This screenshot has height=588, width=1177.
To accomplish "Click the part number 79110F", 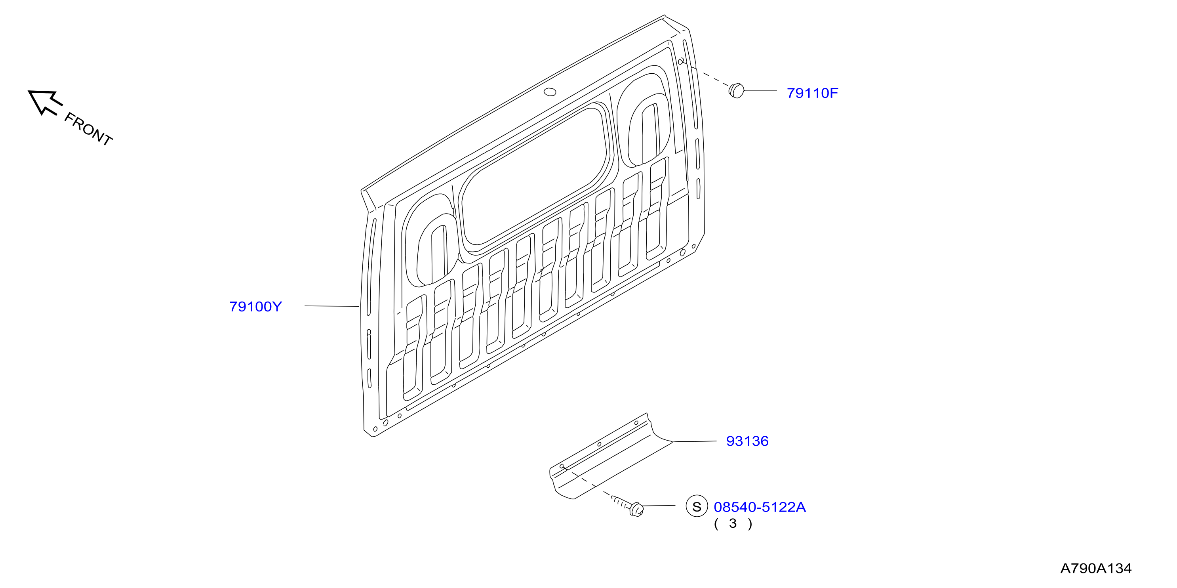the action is point(812,93).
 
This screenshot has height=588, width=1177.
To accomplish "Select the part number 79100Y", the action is point(255,307).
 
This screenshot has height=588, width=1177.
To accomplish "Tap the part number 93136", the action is point(747,441).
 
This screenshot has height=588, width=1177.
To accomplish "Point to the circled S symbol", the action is point(696,507).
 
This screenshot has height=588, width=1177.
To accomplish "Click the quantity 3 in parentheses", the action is point(733,523).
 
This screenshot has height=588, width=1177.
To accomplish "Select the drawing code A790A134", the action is point(1096,568).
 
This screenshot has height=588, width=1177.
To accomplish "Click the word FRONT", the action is point(88,129).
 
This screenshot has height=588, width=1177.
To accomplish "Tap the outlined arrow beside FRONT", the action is point(44,101).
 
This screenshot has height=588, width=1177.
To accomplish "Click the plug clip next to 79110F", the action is point(736,90).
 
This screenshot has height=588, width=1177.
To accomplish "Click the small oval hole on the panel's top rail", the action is point(550,92).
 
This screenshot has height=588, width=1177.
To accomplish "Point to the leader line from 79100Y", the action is point(332,306).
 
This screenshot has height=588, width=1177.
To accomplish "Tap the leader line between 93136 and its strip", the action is point(695,441).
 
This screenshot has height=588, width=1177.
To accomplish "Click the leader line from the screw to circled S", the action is point(659,506).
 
